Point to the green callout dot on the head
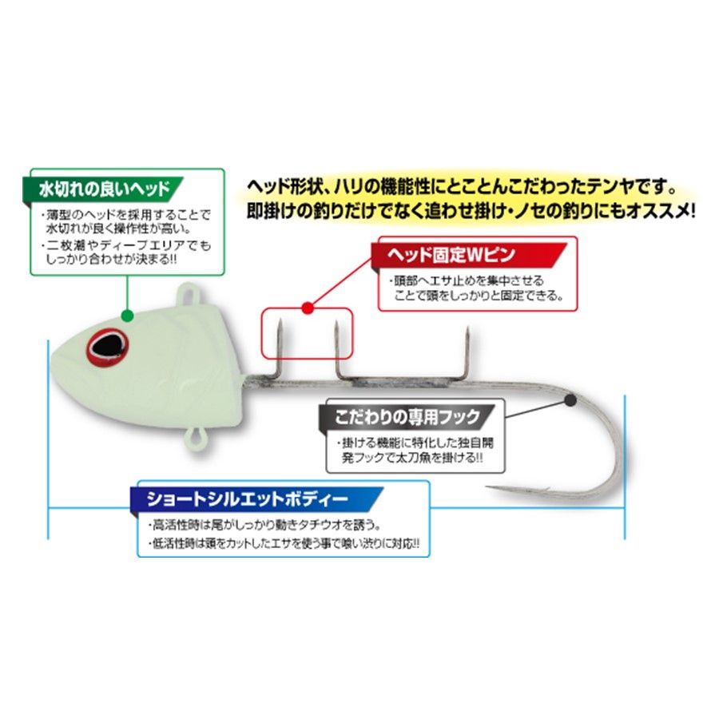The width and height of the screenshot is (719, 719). (128, 316)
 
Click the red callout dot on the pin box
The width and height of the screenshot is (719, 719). (308, 308)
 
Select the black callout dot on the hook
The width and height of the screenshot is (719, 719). (570, 400)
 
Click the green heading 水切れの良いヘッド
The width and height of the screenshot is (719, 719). (105, 189)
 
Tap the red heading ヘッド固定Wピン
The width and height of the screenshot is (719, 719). (451, 255)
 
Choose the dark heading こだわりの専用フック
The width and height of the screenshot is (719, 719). (407, 417)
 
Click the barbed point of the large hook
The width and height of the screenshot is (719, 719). (489, 488)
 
